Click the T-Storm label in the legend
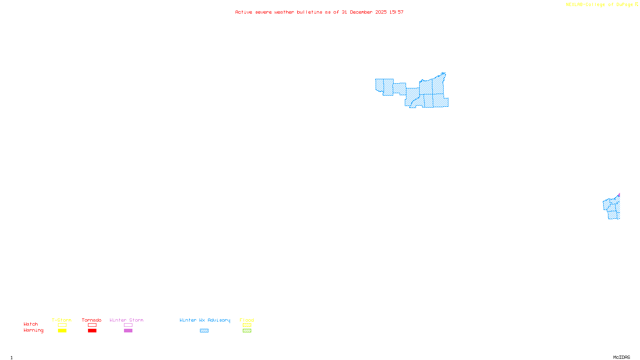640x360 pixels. pyautogui.click(x=62, y=320)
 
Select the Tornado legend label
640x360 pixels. pyautogui.click(x=92, y=320)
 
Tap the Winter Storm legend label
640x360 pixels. pyautogui.click(x=126, y=320)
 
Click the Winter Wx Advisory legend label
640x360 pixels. pyautogui.click(x=205, y=320)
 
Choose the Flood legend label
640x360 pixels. pyautogui.click(x=247, y=320)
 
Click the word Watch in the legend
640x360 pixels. pyautogui.click(x=31, y=324)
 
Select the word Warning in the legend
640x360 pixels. pyautogui.click(x=33, y=330)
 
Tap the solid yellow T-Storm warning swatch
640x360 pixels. pyautogui.click(x=62, y=331)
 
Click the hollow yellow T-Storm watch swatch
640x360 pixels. pyautogui.click(x=62, y=325)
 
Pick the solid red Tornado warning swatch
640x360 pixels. pyautogui.click(x=92, y=331)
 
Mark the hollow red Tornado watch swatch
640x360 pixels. pyautogui.click(x=92, y=325)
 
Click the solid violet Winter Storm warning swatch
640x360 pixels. pyautogui.click(x=128, y=331)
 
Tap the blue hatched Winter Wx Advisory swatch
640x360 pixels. pyautogui.click(x=204, y=331)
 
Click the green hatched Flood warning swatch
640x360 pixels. pyautogui.click(x=247, y=331)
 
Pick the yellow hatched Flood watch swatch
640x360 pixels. pyautogui.click(x=247, y=325)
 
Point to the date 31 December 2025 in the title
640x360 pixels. pyautogui.click(x=364, y=12)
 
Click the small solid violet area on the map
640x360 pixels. pyautogui.click(x=619, y=195)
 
